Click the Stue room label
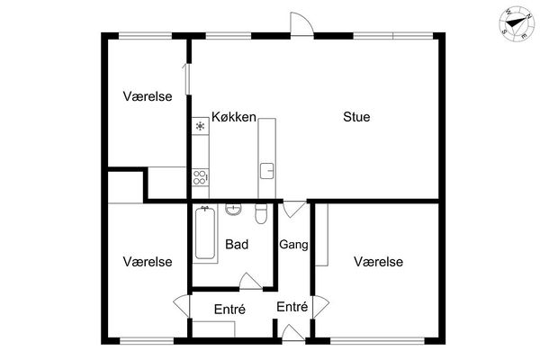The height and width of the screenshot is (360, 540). (x=356, y=117)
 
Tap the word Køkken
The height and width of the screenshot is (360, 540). (x=234, y=117)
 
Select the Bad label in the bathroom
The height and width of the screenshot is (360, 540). (x=237, y=244)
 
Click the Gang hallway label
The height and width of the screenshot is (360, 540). (x=293, y=245)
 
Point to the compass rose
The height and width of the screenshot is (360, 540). (x=517, y=23)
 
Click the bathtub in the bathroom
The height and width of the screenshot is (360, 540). (x=205, y=233)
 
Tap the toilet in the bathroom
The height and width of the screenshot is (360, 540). (x=261, y=213)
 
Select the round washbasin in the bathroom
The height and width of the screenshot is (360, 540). (x=233, y=209)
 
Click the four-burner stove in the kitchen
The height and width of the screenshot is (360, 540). (x=201, y=177)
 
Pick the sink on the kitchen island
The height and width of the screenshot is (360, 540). (x=267, y=171)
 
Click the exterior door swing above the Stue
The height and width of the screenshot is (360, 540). (x=301, y=23)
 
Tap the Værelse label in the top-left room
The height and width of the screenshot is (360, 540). (x=148, y=96)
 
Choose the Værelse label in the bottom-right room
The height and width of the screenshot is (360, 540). (x=379, y=262)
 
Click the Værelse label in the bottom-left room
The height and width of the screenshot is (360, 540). (x=148, y=262)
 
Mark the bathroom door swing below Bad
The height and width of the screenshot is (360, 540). (x=250, y=281)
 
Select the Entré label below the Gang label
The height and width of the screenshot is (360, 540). (x=292, y=306)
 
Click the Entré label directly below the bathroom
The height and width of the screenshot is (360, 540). (x=229, y=309)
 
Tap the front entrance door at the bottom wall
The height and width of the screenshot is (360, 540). (x=293, y=333)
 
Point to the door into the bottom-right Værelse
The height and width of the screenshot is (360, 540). (x=320, y=307)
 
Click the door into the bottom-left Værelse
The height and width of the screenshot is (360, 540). (x=182, y=306)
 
